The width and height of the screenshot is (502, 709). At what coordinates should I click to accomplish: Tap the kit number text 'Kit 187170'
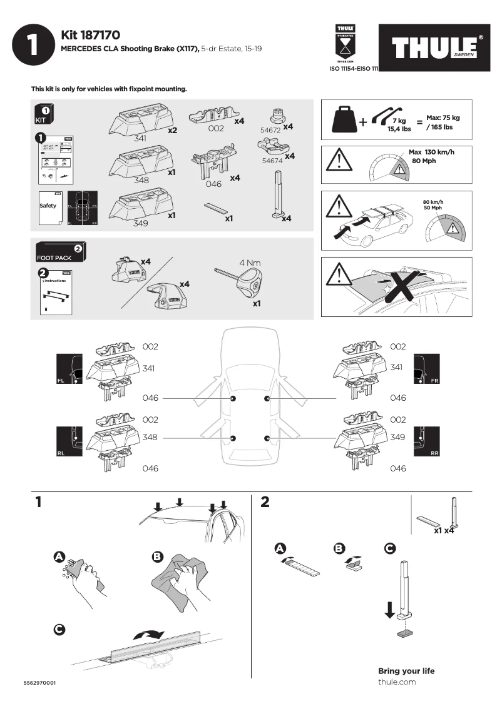pyautogui.click(x=90, y=35)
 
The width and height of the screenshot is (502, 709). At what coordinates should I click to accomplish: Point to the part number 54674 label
pyautogui.click(x=273, y=161)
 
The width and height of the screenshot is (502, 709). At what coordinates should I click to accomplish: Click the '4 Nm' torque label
pyautogui.click(x=249, y=263)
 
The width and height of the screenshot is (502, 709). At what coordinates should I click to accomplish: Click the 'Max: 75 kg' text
pyautogui.click(x=443, y=118)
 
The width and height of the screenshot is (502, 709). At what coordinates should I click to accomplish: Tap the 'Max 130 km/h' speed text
pyautogui.click(x=431, y=152)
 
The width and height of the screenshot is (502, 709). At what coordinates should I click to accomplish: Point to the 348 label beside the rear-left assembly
pyautogui.click(x=150, y=438)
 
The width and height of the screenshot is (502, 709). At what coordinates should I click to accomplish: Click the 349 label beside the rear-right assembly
pyautogui.click(x=397, y=438)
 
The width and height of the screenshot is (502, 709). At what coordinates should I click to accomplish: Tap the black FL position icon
pyautogui.click(x=68, y=368)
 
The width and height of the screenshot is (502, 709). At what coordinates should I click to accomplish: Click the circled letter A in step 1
pyautogui.click(x=59, y=556)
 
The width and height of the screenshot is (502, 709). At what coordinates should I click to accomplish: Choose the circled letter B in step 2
pyautogui.click(x=339, y=548)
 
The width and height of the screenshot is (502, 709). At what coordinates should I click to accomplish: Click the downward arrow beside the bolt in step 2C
pyautogui.click(x=390, y=610)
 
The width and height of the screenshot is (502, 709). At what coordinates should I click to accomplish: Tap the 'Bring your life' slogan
pyautogui.click(x=406, y=671)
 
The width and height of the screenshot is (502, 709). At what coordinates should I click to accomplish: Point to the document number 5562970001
pyautogui.click(x=40, y=683)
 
